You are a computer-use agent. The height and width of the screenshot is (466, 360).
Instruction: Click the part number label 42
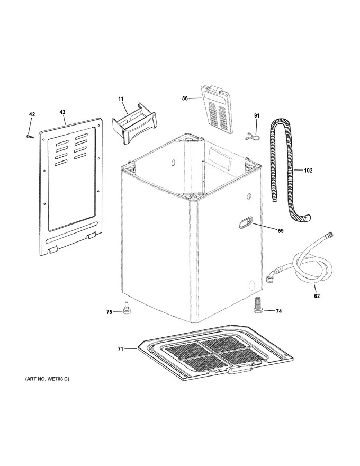click(x=32, y=114)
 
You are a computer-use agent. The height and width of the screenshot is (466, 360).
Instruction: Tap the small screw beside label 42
click(x=29, y=136)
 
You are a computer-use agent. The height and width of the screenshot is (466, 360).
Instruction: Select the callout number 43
click(x=62, y=112)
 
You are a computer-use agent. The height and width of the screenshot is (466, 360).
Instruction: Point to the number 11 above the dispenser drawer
click(x=121, y=98)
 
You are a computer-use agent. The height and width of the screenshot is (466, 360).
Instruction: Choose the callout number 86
click(x=185, y=98)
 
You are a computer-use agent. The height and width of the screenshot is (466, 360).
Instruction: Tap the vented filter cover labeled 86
click(x=217, y=109)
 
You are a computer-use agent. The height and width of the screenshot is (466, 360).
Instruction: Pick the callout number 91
click(x=257, y=115)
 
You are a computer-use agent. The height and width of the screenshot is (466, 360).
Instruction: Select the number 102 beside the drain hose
click(x=308, y=171)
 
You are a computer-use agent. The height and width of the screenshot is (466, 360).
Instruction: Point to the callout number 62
click(x=317, y=295)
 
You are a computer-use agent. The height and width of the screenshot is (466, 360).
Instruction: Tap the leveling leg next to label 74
click(x=257, y=306)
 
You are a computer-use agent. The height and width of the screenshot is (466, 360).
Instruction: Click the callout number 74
click(x=278, y=311)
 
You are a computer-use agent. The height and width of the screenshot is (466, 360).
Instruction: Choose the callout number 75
click(x=109, y=312)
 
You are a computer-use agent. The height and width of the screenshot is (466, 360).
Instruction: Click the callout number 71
click(x=120, y=349)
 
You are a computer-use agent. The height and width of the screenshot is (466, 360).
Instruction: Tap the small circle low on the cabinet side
click(x=251, y=285)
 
